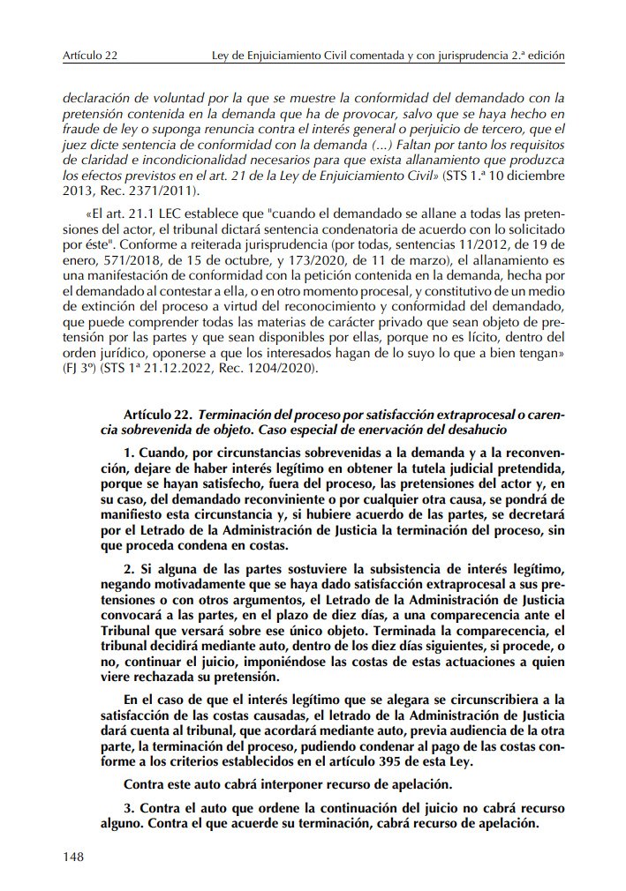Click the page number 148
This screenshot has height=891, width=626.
(x=73, y=857)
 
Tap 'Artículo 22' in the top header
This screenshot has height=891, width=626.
(x=90, y=56)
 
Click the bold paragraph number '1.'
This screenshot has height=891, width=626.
(x=130, y=453)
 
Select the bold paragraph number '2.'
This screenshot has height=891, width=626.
(x=130, y=564)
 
